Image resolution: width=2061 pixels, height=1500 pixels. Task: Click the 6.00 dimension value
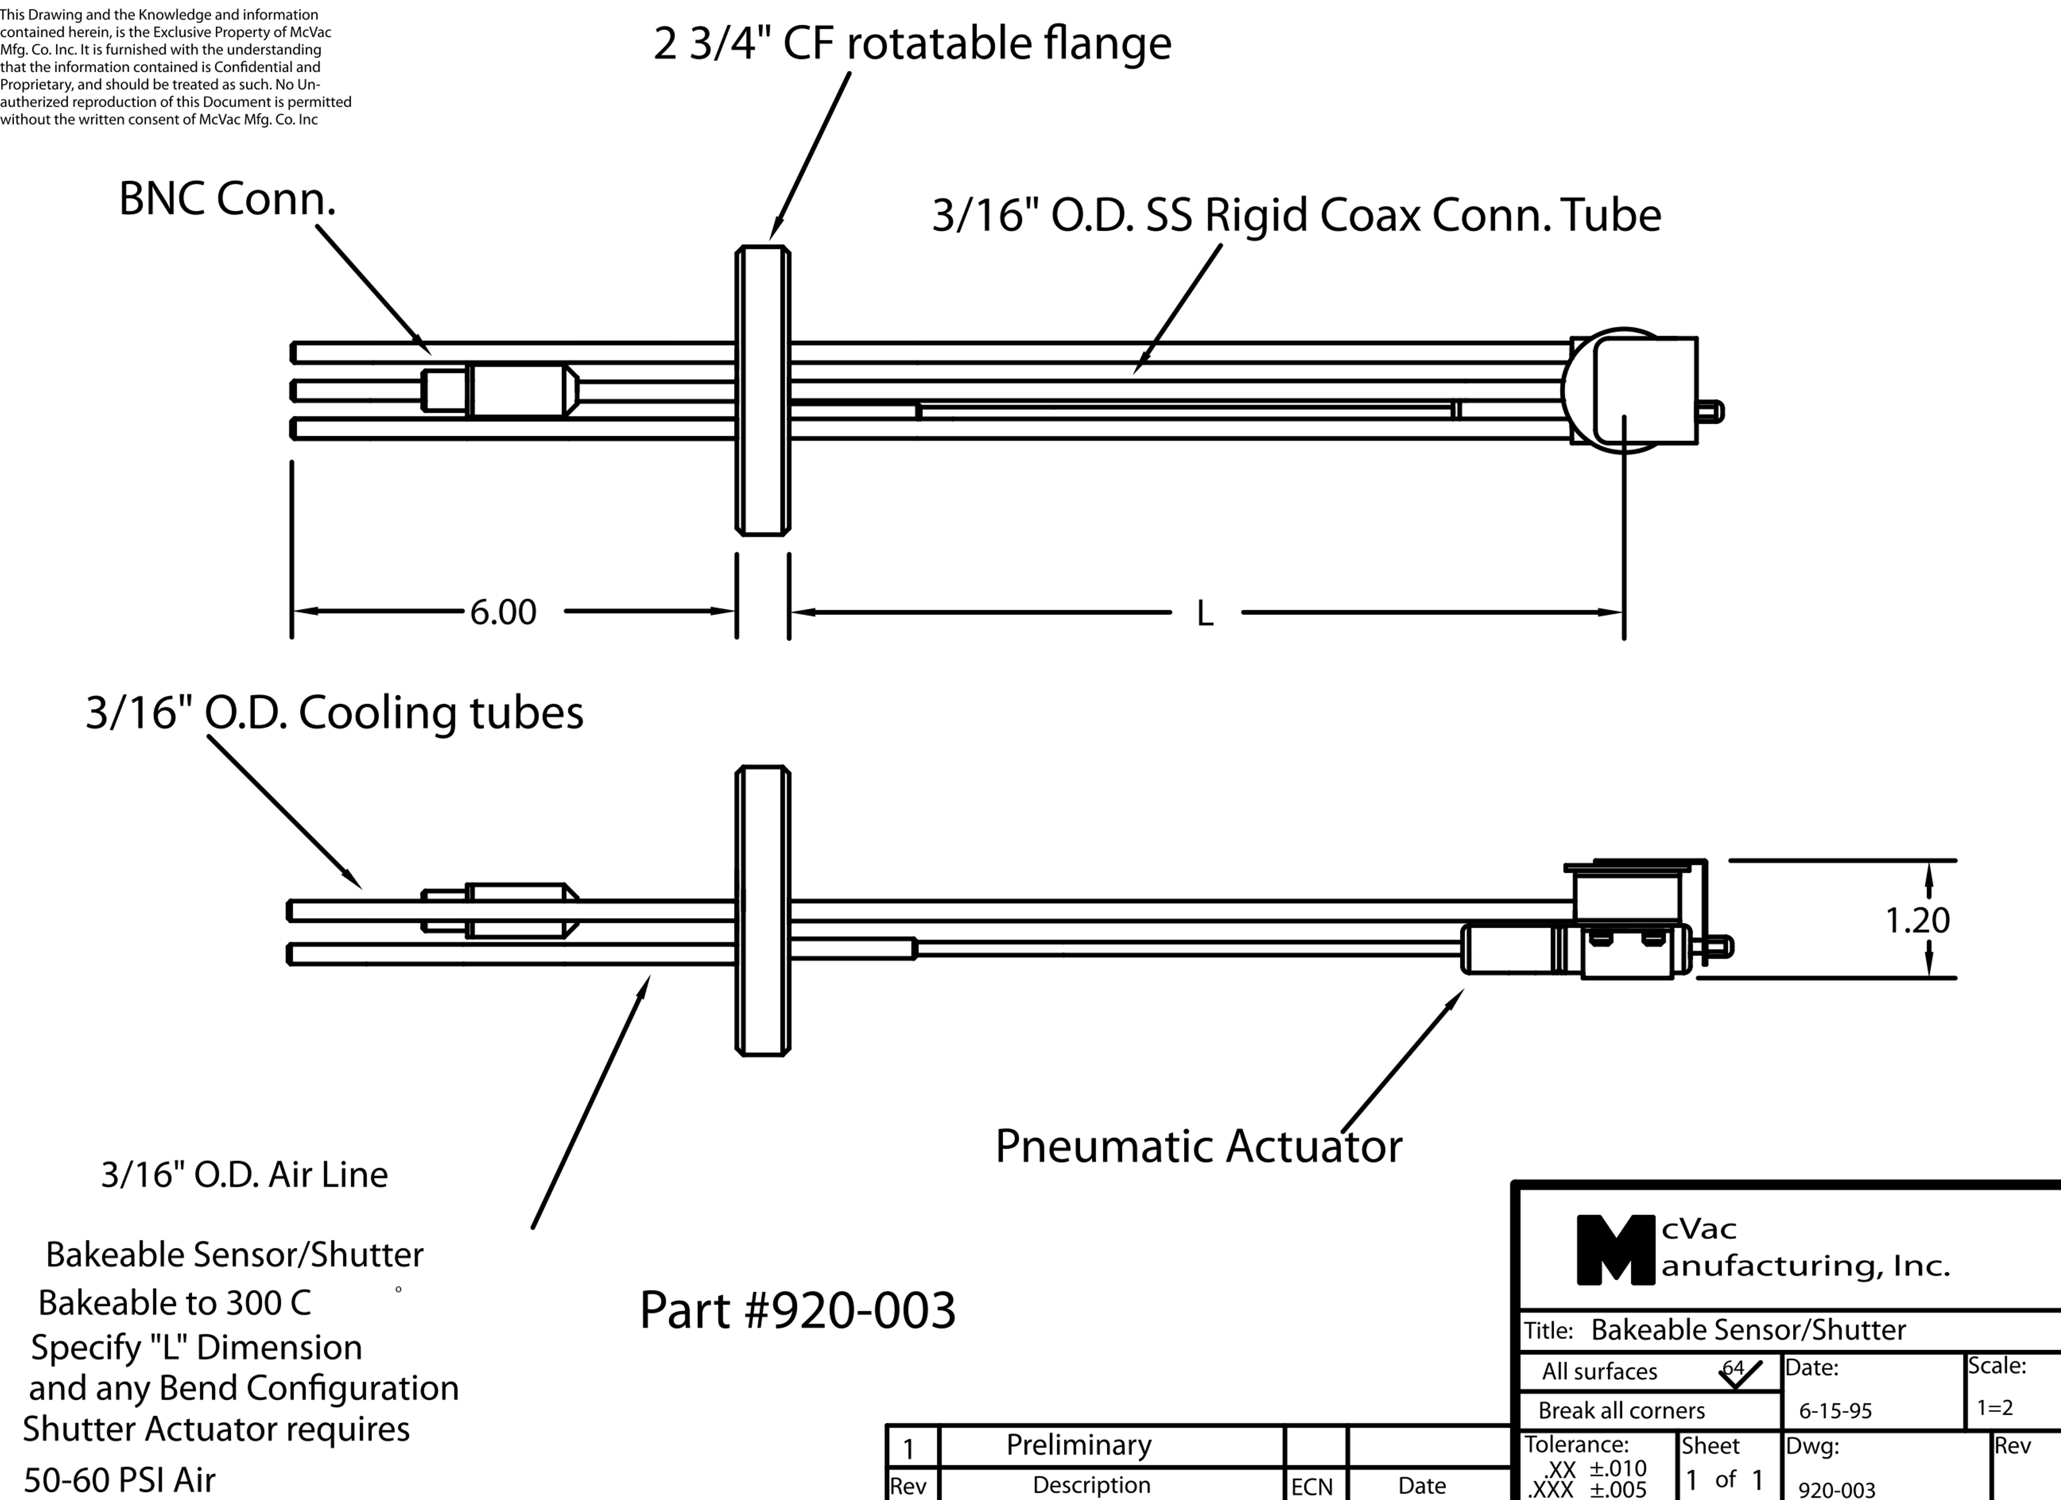pos(503,612)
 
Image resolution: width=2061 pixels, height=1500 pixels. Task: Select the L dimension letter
pos(1205,614)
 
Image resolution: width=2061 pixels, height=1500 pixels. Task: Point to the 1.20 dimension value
pos(1917,921)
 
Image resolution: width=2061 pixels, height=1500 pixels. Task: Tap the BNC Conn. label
pos(227,199)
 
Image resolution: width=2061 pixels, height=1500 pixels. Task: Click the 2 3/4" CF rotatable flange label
pos(912,44)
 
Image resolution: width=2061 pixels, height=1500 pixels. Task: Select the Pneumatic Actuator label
pos(1199,1147)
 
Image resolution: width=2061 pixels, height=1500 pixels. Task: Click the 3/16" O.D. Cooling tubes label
pos(334,713)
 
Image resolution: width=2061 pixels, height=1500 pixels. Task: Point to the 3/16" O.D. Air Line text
pos(244,1175)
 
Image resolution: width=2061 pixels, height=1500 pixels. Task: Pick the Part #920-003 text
pos(798,1310)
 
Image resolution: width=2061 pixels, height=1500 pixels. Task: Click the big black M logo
pos(1615,1250)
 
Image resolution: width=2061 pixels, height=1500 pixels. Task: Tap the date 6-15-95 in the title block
pos(1835,1411)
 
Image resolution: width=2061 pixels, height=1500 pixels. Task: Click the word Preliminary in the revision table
pos(1079,1444)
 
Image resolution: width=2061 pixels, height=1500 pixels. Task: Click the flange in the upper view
pos(762,391)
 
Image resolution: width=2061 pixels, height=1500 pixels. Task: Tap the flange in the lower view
pos(762,910)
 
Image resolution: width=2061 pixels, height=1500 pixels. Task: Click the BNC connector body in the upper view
pos(518,391)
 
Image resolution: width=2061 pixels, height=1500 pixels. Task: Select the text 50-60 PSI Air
pos(119,1480)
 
